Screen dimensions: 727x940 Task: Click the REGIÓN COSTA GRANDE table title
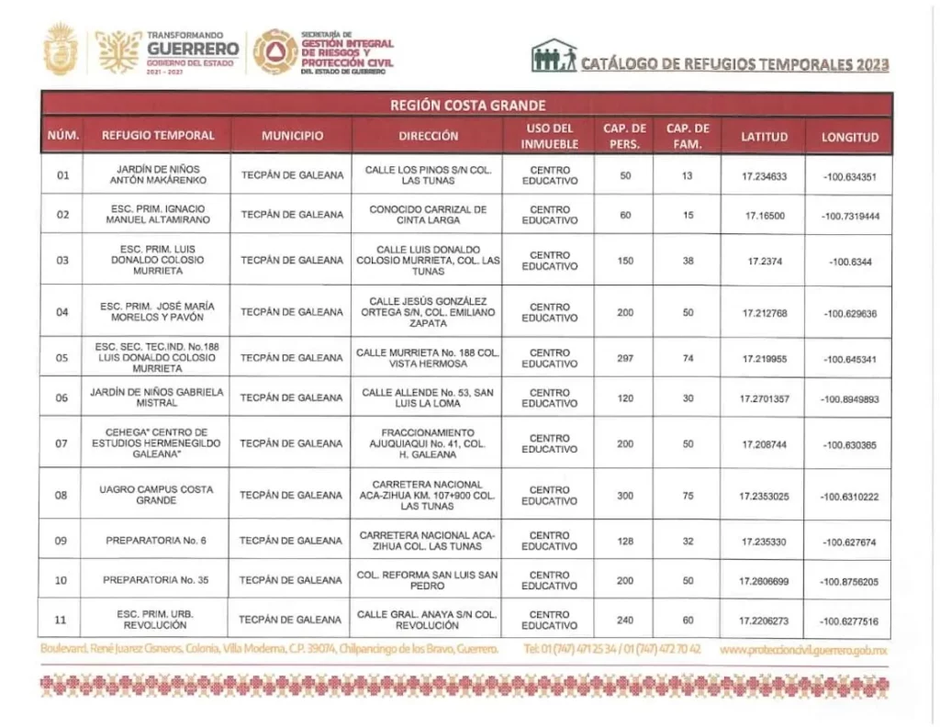pos(468,106)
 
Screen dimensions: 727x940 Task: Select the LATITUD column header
pos(765,137)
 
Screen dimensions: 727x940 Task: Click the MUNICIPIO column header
pos(292,136)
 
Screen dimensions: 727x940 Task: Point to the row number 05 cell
pos(62,358)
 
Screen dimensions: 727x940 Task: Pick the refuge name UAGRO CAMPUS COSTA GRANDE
pos(156,495)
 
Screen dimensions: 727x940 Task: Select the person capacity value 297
pos(625,358)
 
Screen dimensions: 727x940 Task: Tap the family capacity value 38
pos(688,260)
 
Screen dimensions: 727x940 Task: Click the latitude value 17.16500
pos(765,215)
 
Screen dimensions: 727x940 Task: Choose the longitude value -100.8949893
pos(849,399)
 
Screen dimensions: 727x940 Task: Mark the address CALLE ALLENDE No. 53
pos(427,398)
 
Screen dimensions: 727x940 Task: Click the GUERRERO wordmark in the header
pos(193,49)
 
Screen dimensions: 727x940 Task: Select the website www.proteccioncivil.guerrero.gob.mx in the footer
pos(805,649)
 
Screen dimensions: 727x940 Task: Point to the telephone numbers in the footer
pos(612,649)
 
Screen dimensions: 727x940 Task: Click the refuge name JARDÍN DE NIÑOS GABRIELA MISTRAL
pos(156,398)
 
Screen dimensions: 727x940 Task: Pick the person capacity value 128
pos(625,542)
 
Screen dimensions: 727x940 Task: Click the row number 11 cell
pos(62,620)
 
